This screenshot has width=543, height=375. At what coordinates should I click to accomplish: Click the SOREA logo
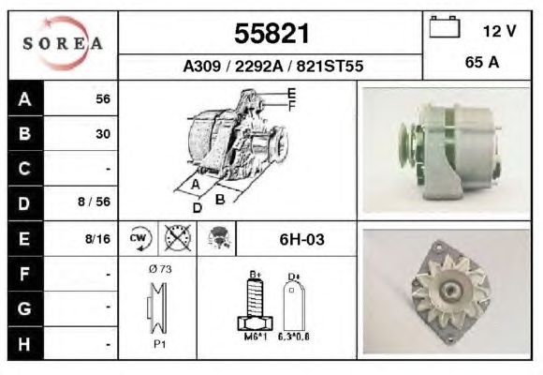pyautogui.click(x=63, y=43)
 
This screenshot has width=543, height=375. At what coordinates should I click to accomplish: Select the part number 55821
pyautogui.click(x=271, y=34)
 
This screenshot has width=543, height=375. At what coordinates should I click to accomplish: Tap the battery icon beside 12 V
pyautogui.click(x=445, y=26)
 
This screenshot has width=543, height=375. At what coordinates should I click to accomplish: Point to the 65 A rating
pyautogui.click(x=482, y=62)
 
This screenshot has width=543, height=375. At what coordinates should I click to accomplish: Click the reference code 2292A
pyautogui.click(x=259, y=66)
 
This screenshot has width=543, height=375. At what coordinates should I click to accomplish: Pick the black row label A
pyautogui.click(x=25, y=98)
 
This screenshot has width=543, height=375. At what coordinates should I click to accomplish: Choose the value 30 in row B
pyautogui.click(x=103, y=134)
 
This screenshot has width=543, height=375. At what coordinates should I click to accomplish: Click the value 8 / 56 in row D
pyautogui.click(x=94, y=202)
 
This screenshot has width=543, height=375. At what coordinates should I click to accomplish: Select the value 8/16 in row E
pyautogui.click(x=97, y=239)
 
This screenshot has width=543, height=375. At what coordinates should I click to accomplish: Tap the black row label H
pyautogui.click(x=25, y=344)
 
